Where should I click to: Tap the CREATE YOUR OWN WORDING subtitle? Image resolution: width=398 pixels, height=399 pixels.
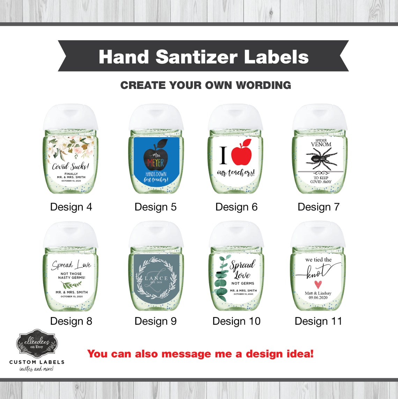pyautogui.click(x=206, y=85)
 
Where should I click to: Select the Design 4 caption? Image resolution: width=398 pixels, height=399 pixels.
pyautogui.click(x=71, y=207)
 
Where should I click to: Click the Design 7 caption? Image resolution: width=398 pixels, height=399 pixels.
pyautogui.click(x=318, y=207)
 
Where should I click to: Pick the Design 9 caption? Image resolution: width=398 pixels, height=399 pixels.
pyautogui.click(x=155, y=321)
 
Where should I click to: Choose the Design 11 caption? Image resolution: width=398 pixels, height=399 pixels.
pyautogui.click(x=318, y=321)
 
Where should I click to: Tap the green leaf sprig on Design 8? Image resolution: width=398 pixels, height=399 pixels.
pyautogui.click(x=71, y=284)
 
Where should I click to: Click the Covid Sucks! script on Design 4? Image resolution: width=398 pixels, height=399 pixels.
pyautogui.click(x=71, y=166)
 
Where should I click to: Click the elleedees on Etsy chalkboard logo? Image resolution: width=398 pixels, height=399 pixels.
pyautogui.click(x=37, y=344)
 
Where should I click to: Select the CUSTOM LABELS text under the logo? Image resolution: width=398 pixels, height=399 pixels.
pyautogui.click(x=37, y=362)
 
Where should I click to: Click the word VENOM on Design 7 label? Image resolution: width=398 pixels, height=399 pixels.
pyautogui.click(x=321, y=144)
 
